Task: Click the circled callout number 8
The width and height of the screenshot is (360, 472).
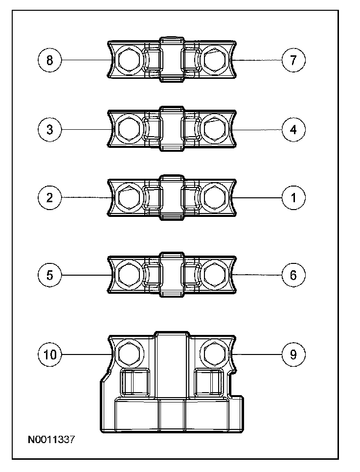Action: pyautogui.click(x=49, y=60)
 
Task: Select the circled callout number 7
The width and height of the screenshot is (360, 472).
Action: pyautogui.click(x=293, y=60)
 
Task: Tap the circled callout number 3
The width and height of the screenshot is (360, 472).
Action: pyautogui.click(x=49, y=130)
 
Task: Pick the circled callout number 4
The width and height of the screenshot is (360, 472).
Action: pyautogui.click(x=293, y=130)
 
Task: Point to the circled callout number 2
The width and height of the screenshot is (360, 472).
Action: pyautogui.click(x=49, y=198)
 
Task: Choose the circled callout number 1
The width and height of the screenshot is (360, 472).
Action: pyautogui.click(x=293, y=198)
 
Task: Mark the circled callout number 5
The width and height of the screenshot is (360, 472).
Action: pyautogui.click(x=49, y=275)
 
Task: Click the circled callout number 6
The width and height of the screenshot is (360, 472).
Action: pyautogui.click(x=293, y=275)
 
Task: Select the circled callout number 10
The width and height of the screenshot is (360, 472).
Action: pyautogui.click(x=50, y=354)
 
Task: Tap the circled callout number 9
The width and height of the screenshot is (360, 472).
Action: pyautogui.click(x=293, y=354)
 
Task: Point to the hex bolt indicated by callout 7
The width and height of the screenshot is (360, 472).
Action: pyautogui.click(x=214, y=61)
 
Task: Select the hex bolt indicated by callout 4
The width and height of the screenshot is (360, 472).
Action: pyautogui.click(x=214, y=130)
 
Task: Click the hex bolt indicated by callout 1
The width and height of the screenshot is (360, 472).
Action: pyautogui.click(x=214, y=198)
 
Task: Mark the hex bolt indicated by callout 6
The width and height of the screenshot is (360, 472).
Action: pyautogui.click(x=214, y=275)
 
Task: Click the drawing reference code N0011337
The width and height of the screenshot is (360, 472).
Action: pyautogui.click(x=51, y=440)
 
